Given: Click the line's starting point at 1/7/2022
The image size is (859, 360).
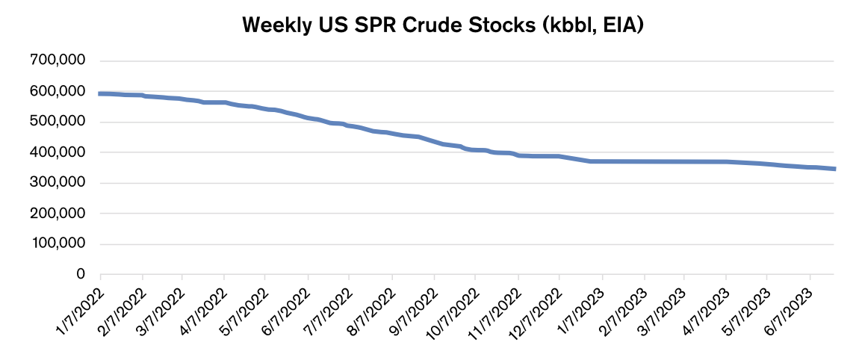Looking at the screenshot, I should (x=100, y=93).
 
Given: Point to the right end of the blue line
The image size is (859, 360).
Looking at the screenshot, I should (x=834, y=169).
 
